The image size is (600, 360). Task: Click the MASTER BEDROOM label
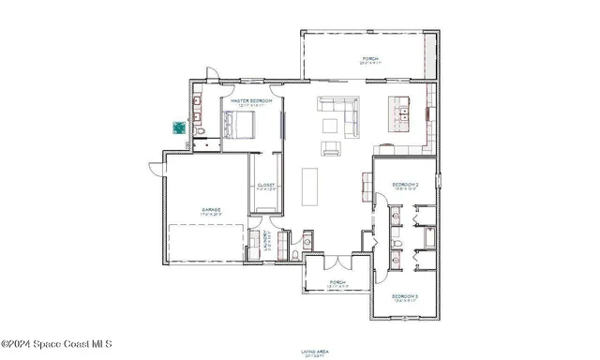click(x=250, y=99)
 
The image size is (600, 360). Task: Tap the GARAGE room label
click(x=209, y=210)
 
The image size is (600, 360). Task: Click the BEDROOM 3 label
click(x=404, y=300)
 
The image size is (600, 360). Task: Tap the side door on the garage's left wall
click(x=157, y=169)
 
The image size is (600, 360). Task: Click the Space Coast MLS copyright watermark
click(x=56, y=344)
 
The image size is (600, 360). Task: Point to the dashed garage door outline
click(x=205, y=243)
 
